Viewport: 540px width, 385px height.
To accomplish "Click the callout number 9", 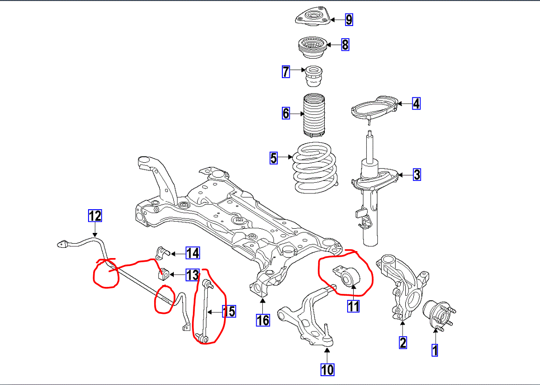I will (349, 20).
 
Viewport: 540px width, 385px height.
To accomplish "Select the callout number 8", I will (345, 45).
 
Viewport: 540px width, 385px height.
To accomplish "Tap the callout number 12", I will (95, 216).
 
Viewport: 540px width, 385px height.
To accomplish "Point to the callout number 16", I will (262, 320).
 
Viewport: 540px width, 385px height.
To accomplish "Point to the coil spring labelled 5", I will (315, 168).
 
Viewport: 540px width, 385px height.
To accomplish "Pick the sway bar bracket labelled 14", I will (161, 253).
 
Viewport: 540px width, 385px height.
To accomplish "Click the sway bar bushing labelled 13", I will (163, 274).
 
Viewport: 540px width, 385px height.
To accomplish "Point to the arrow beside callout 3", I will (405, 175).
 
